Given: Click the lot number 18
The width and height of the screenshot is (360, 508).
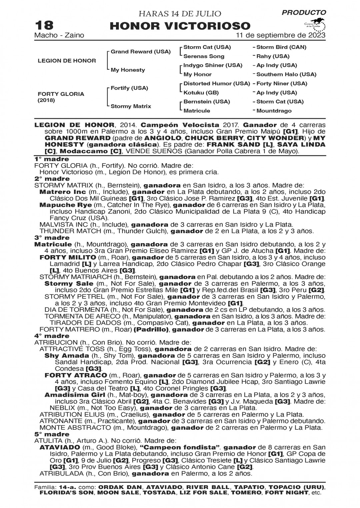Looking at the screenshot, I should click(43, 25).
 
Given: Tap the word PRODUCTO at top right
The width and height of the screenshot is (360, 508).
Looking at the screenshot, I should click(304, 13).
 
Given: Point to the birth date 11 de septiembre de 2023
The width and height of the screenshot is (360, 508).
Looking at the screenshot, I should click(281, 35).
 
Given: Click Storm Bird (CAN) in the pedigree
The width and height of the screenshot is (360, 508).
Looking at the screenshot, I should click(281, 47).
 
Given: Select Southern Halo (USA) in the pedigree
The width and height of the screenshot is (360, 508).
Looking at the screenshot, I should click(286, 75).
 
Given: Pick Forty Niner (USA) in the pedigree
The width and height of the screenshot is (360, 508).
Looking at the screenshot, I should click(282, 84).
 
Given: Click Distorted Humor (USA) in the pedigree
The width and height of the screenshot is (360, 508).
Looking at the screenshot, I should click(217, 84).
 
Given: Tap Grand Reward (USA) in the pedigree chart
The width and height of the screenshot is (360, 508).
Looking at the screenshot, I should click(140, 52).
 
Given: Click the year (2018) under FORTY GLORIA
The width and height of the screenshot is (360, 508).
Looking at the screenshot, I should click(47, 100).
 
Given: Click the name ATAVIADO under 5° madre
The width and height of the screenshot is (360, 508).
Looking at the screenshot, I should click(60, 447).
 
